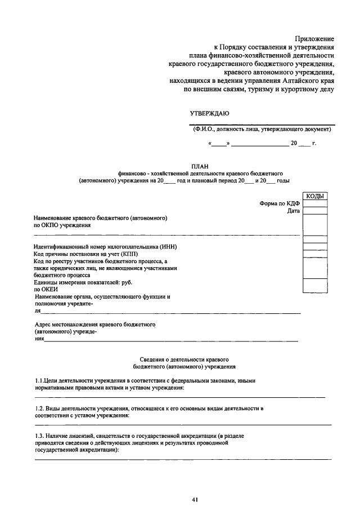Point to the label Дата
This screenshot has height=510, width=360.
[294, 211]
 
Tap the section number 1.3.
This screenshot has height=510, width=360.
[40, 436]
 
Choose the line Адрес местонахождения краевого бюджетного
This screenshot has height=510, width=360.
[95, 325]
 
